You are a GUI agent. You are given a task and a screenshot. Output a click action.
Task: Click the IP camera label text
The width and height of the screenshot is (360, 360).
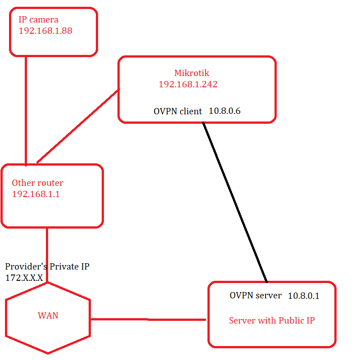(38, 20)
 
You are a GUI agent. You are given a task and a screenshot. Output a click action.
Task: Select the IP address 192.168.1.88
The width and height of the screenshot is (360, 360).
(45, 31)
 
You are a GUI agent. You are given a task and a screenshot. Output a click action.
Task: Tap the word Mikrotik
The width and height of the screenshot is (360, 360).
(192, 73)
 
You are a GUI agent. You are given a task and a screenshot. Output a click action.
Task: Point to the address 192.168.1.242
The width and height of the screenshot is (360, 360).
(188, 84)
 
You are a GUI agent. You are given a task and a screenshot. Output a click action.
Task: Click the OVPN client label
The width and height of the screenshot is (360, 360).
(178, 111)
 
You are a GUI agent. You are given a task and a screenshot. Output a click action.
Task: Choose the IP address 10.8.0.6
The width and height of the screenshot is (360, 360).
(225, 111)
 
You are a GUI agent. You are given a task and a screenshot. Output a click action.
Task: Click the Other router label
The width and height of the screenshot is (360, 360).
(37, 183)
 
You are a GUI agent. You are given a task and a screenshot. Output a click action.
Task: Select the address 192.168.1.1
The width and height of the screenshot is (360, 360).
(36, 194)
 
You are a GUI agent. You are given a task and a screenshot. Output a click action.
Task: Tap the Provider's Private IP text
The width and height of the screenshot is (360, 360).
(47, 266)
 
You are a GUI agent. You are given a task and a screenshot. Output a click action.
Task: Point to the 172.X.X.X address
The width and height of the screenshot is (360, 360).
(24, 278)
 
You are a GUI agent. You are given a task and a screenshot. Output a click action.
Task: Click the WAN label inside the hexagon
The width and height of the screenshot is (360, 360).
(48, 315)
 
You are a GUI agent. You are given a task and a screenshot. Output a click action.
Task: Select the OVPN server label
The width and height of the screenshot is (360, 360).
(256, 296)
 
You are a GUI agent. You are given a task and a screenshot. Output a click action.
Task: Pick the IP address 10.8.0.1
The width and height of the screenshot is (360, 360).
(304, 296)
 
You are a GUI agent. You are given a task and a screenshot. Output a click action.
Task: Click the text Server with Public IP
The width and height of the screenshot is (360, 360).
(272, 320)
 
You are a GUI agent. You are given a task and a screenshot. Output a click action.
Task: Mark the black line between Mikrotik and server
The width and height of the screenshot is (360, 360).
(235, 202)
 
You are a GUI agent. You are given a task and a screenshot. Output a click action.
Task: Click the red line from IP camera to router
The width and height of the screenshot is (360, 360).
(26, 110)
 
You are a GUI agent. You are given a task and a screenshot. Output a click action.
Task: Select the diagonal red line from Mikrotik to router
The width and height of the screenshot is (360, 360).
(78, 126)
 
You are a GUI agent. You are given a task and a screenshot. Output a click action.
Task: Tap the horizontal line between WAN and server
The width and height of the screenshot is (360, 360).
(148, 319)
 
